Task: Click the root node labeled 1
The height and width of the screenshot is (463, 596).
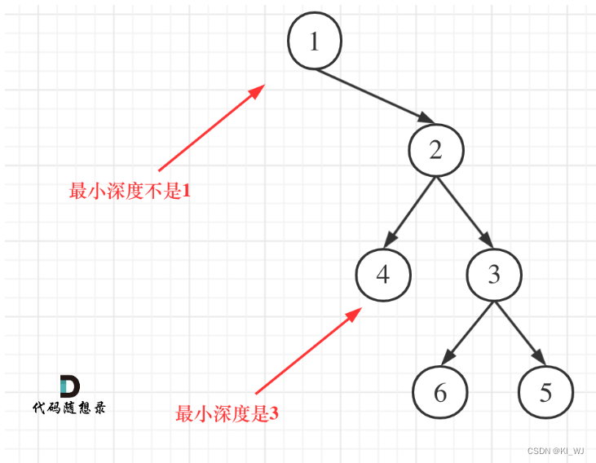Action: (315, 42)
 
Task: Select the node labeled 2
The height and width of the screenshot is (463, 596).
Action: (436, 151)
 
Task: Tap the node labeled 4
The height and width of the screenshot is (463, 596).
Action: (383, 275)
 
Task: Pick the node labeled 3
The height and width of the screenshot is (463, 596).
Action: (494, 275)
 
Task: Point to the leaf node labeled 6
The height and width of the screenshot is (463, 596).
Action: (440, 393)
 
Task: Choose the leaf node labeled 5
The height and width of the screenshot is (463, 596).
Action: (545, 393)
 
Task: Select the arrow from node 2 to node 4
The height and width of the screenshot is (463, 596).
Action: (410, 211)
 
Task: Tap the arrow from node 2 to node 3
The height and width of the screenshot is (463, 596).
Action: (465, 211)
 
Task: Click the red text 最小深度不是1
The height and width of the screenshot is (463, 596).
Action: (130, 192)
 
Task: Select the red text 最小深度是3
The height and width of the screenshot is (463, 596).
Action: (227, 414)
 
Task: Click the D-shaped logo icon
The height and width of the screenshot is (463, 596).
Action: (69, 386)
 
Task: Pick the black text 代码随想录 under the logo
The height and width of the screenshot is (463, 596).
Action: (68, 405)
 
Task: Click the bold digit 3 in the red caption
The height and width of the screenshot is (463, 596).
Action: (274, 414)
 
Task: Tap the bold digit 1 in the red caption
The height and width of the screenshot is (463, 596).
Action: (185, 192)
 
